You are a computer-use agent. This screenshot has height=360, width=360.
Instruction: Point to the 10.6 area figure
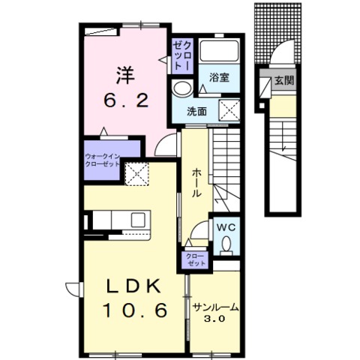pos(135,310)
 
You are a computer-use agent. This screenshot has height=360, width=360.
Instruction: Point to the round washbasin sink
pos(181,88)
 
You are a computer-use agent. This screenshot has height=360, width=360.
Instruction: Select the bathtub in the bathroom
pos(220,52)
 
